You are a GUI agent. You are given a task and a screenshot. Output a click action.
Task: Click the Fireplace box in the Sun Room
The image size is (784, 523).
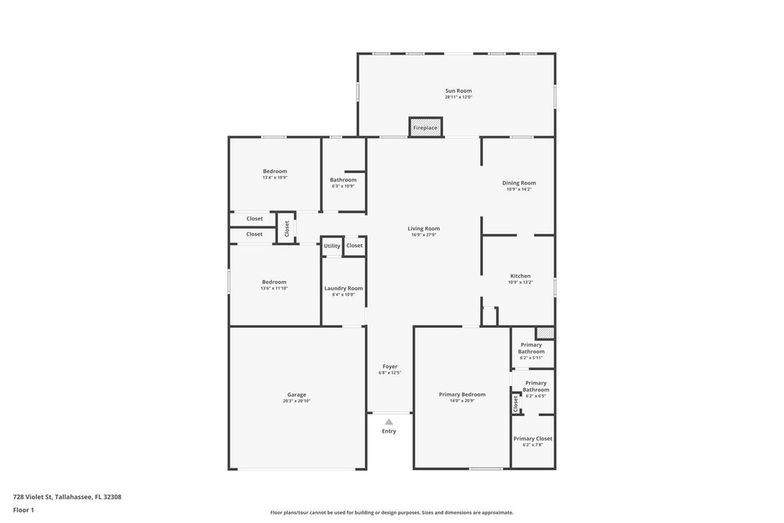coord(426,127)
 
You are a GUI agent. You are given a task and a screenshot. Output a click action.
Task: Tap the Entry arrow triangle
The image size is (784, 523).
coord(389,421)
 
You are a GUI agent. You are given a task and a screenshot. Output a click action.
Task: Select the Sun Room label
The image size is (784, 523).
coord(459,91)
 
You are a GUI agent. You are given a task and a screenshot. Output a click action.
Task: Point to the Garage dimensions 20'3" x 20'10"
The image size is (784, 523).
coord(296,401)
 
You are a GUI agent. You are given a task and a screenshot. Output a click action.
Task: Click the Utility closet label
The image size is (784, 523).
coord(332,246)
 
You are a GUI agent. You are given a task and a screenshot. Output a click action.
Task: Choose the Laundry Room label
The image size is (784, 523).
coord(344,289)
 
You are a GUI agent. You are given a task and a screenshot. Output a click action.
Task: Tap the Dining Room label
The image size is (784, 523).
coord(518,183)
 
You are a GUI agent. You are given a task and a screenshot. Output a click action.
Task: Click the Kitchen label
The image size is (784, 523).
coord(520,276)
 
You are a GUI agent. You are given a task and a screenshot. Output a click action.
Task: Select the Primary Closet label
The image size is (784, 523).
coord(532,439)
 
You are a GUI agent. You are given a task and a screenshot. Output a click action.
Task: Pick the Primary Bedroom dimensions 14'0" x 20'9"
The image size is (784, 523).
coord(462,400)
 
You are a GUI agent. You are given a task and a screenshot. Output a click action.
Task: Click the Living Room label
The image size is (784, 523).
coord(423,228)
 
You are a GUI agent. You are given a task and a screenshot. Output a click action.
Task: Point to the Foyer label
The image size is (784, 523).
coord(390,367)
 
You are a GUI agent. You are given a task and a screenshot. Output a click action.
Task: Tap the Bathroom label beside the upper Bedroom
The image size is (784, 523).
coord(343,180)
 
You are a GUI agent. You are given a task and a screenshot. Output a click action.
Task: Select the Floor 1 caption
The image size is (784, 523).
coord(24,510)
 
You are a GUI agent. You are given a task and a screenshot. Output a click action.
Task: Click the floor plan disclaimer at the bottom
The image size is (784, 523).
coord(391,512)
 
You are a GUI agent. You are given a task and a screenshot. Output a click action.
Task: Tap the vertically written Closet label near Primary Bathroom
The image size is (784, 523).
coord(516,401)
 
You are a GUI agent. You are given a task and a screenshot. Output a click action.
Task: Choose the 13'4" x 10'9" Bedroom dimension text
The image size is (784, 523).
coord(275,178)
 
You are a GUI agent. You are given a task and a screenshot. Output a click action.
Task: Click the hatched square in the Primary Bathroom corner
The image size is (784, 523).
coord(544,333)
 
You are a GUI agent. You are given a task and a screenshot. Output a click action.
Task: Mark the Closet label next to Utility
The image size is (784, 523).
coord(354,246)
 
